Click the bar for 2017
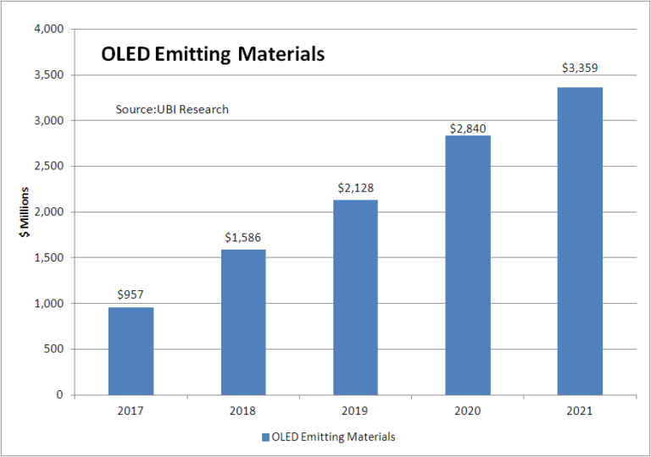[x=131, y=350]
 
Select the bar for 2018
[x=242, y=322]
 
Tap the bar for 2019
[x=355, y=297]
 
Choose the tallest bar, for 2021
[x=580, y=241]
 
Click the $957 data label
[x=131, y=294]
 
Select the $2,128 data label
[x=355, y=187]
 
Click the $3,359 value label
[x=580, y=67]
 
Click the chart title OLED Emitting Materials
[x=212, y=54]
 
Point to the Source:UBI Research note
[x=172, y=109]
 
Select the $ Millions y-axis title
[x=26, y=212]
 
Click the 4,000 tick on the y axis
[x=49, y=30]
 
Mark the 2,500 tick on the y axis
[x=49, y=167]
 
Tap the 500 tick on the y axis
[x=54, y=350]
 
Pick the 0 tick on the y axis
[x=60, y=395]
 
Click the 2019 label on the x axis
[x=355, y=411]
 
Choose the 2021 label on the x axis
[x=580, y=411]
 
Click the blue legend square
[x=265, y=438]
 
